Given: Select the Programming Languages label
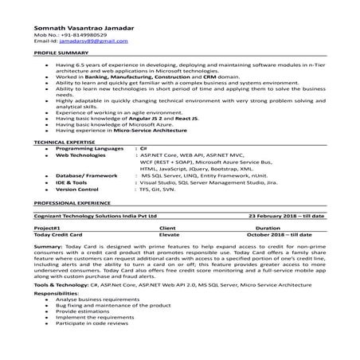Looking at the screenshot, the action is coord(90,149).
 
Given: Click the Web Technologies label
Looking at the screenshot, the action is coord(83,156).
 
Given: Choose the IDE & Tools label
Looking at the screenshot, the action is coord(72,183).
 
